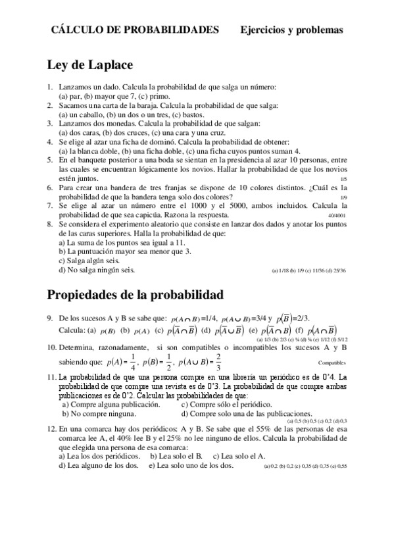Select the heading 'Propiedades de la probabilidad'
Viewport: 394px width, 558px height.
click(135, 293)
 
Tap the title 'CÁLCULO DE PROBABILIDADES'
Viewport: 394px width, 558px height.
click(135, 30)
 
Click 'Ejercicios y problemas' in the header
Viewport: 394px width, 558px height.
click(291, 30)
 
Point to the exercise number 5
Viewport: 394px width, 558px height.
click(50, 160)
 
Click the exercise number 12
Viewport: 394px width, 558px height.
click(52, 428)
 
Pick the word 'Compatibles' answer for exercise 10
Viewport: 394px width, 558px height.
click(332, 363)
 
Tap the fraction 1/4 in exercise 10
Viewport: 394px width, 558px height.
click(133, 361)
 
